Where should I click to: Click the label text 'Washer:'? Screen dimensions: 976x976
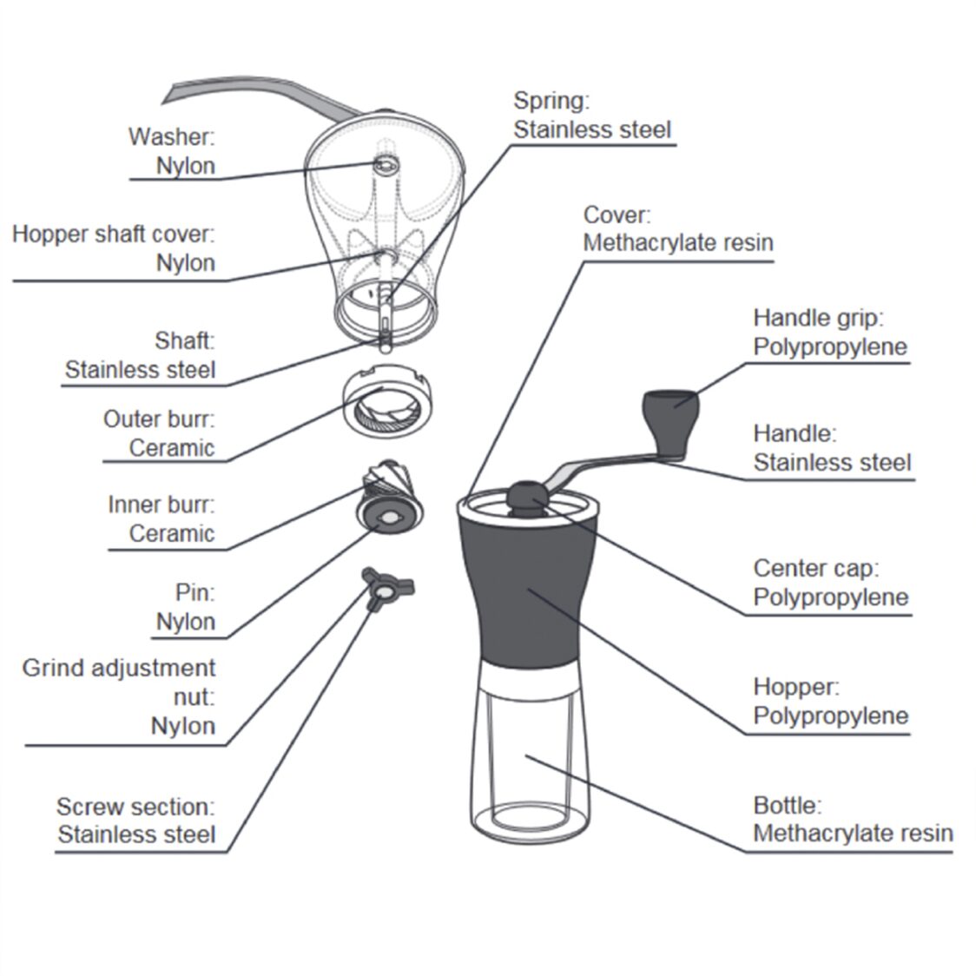(171, 136)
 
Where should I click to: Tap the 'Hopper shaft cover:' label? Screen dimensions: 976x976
(113, 234)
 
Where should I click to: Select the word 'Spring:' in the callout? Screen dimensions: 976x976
(551, 101)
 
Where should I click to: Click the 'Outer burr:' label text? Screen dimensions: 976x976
(158, 419)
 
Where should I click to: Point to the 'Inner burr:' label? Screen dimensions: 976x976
(161, 504)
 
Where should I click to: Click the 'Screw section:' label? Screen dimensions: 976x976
(135, 807)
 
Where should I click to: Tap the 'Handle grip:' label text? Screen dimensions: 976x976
(817, 318)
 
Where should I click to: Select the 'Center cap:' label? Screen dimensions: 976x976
(815, 568)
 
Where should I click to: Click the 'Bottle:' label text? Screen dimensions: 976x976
(787, 805)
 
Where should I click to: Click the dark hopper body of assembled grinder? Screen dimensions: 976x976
(528, 590)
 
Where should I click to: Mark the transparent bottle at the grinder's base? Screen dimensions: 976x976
(528, 764)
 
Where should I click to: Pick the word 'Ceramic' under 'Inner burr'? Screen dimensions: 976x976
(171, 533)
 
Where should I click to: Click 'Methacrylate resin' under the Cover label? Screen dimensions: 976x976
(677, 242)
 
